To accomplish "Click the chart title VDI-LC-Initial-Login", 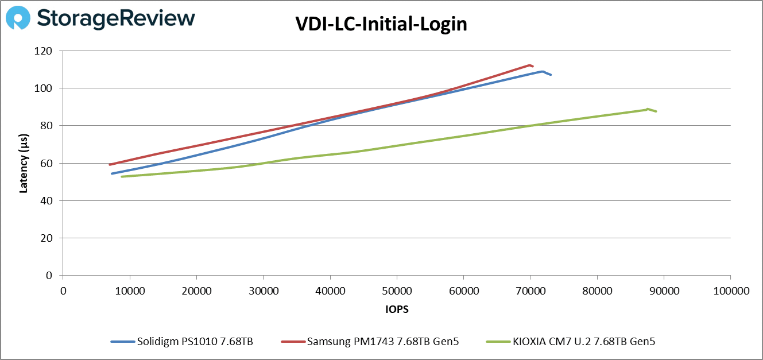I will (381, 24).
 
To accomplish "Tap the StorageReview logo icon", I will (18, 18).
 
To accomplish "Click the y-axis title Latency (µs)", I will (24, 163).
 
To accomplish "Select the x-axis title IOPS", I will (396, 309).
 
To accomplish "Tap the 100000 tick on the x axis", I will (730, 291).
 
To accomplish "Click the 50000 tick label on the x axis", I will (397, 291).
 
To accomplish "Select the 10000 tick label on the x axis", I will (130, 291).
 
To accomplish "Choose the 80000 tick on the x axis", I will (597, 291).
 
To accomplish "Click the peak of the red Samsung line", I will (529, 65).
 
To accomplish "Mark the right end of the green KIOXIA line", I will (656, 111).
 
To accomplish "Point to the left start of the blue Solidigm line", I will (112, 173).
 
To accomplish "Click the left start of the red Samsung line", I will (110, 165).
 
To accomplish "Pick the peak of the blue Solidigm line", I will (542, 72).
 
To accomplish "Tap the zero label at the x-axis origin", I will (63, 291).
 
